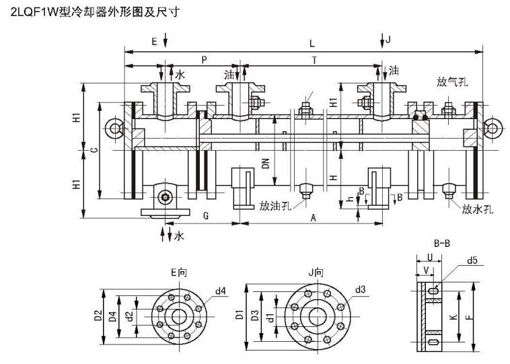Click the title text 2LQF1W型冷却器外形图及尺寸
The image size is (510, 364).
point(91,11)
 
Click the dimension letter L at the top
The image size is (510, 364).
point(312,43)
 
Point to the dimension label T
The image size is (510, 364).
point(314,60)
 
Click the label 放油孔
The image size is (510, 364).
point(275,206)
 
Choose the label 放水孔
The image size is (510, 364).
point(478,209)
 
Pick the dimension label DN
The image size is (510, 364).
point(266,162)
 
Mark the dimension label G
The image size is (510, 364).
point(206,217)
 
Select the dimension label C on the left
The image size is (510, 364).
point(93,150)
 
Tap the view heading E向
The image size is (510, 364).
point(178,273)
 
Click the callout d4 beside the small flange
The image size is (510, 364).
point(220,291)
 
